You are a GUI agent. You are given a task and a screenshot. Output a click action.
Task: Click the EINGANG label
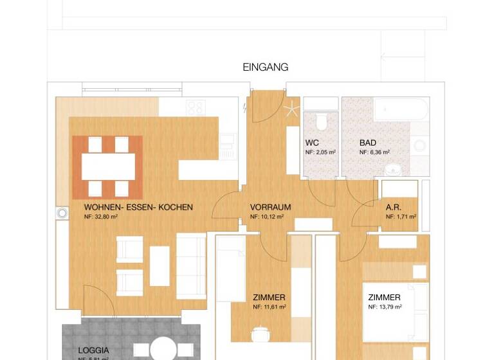click(x=265, y=67)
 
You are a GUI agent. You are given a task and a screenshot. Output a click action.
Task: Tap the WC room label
click(x=312, y=143)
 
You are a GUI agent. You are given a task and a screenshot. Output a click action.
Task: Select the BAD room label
click(x=368, y=143)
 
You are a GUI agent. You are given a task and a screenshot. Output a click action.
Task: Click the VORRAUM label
click(x=270, y=208)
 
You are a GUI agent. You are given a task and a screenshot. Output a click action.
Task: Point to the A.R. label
click(x=393, y=208)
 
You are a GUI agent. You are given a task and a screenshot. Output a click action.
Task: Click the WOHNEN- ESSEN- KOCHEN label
click(x=138, y=208)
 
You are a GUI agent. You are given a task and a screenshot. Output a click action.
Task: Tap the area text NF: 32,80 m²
click(x=100, y=217)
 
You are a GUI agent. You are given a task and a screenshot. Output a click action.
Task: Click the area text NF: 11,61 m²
click(x=270, y=307)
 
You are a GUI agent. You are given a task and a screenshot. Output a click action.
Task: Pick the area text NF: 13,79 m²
click(x=385, y=307)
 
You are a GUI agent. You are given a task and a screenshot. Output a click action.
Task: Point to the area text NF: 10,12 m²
click(x=267, y=217)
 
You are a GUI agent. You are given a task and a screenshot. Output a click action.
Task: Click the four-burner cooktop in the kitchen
click(x=195, y=107)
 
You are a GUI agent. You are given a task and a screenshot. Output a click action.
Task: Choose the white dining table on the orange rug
click(x=107, y=166)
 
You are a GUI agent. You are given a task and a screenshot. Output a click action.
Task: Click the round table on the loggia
click(x=165, y=350)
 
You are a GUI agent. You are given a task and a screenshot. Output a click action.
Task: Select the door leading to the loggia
click(x=96, y=303)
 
